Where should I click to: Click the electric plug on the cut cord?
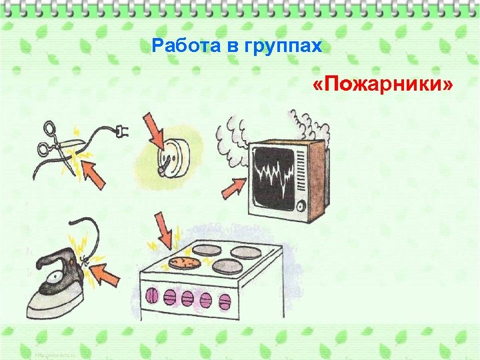coord(121,132)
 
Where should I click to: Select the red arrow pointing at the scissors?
coord(93,175)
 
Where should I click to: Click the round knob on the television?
coord(302,205)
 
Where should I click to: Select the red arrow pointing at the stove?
coord(163,229)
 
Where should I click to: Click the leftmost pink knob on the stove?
coord(151,295)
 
